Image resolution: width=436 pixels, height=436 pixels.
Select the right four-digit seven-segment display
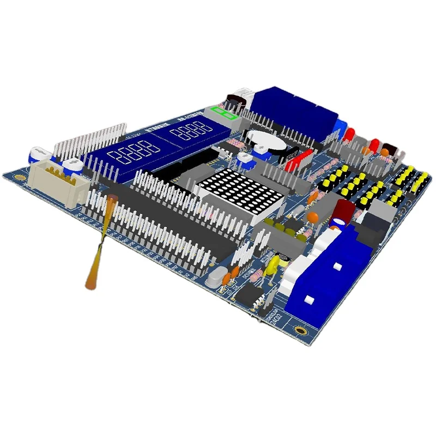pos(191,131)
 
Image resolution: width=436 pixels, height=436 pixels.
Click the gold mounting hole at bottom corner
pos(300,329)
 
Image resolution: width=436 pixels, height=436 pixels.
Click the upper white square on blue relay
pos(337,266)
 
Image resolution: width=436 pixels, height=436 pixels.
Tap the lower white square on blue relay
pos(309,299)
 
